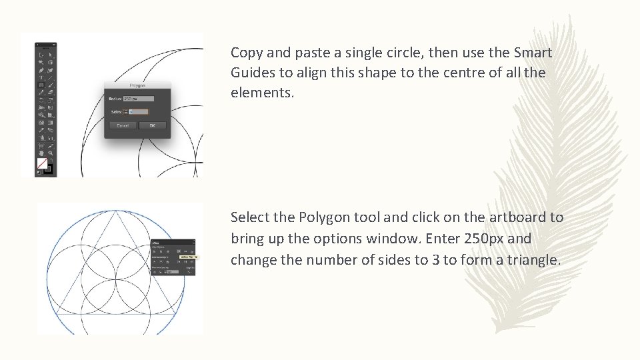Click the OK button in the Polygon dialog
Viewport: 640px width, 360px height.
coord(153,125)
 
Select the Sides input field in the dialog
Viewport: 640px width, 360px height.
coord(139,112)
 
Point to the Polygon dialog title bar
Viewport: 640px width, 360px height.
coord(137,85)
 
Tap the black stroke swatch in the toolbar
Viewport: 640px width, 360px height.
coord(48,169)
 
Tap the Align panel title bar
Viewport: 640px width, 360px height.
coord(173,243)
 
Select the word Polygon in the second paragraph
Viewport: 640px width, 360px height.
coord(322,217)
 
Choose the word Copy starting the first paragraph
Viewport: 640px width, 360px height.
coord(245,52)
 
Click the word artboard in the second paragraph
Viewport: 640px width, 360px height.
coord(516,217)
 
